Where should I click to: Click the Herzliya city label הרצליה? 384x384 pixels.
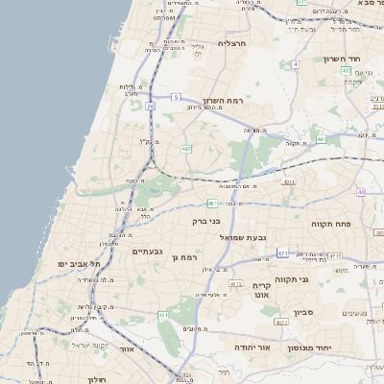[233, 43]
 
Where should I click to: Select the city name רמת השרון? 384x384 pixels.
[228, 101]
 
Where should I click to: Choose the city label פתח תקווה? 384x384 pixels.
[332, 224]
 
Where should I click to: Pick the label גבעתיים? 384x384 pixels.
[152, 251]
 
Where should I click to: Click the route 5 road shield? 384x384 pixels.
[177, 97]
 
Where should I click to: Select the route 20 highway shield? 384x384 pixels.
[150, 107]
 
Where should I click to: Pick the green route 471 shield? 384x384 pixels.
[282, 252]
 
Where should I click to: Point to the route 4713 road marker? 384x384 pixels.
[334, 256]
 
